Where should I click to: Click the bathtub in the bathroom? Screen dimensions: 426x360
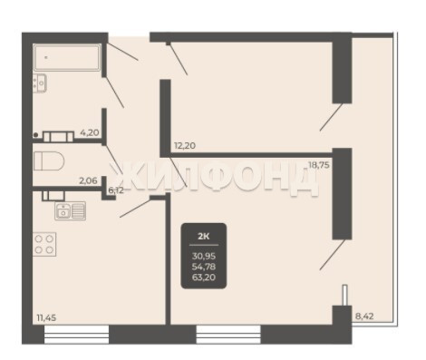(67, 57)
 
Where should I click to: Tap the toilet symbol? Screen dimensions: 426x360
(49, 161)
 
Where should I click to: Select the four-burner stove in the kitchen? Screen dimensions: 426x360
(44, 244)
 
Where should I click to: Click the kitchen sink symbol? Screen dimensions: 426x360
(70, 210)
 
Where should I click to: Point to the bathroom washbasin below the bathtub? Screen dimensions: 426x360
(40, 83)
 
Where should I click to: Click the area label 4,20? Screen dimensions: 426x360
(90, 132)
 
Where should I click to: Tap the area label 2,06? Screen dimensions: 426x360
(88, 181)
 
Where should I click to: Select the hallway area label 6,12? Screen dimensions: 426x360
(116, 190)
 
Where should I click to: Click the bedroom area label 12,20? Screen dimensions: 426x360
(185, 146)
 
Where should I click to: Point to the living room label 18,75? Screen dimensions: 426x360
(318, 165)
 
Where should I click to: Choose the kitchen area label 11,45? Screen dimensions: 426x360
(46, 317)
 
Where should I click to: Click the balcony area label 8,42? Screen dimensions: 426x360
(364, 316)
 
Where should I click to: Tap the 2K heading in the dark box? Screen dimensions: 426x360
(204, 236)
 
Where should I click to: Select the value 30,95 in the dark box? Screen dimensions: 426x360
(204, 257)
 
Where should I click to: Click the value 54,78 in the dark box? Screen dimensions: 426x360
(204, 267)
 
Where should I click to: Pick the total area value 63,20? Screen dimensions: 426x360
(204, 277)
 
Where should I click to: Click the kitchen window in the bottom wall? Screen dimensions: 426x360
(76, 335)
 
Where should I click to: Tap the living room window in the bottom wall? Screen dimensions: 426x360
(228, 335)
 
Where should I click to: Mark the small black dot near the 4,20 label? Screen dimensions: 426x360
(35, 135)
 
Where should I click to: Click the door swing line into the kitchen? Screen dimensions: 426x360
(135, 209)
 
